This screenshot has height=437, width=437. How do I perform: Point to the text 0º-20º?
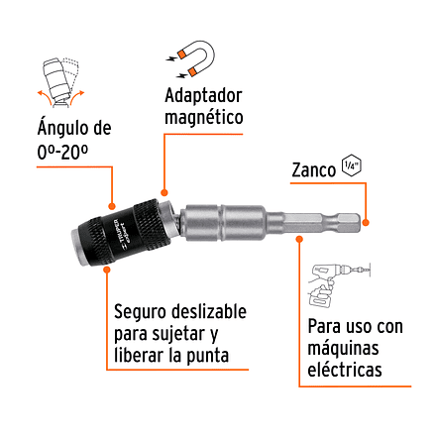pos(61,154)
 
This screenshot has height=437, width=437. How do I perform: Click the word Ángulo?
pos(57,130)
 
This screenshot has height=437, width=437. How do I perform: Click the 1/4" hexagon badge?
pos(349,165)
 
